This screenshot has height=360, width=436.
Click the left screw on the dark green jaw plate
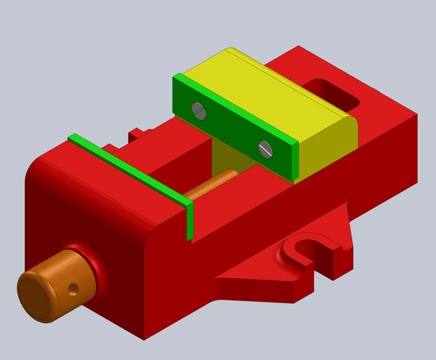(x=199, y=111)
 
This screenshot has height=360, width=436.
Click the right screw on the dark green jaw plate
(x=265, y=149)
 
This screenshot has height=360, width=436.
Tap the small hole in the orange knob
(x=73, y=290)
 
